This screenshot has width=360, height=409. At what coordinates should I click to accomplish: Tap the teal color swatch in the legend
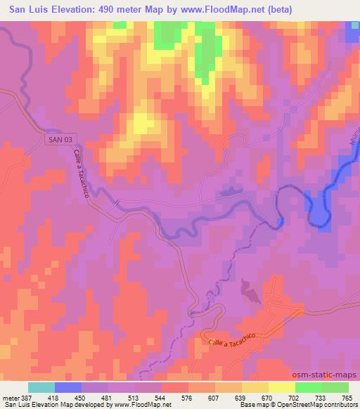[x=41, y=387]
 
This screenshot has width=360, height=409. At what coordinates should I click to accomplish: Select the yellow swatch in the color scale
[x=282, y=387]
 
